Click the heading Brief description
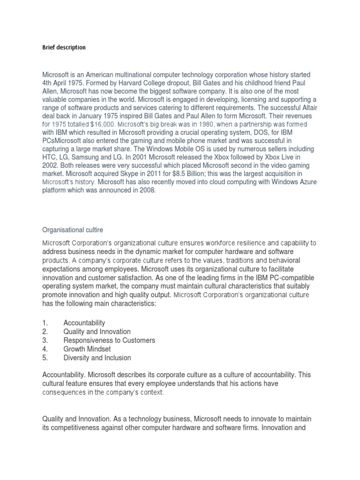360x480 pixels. click(x=64, y=48)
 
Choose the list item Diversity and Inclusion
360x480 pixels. click(x=97, y=358)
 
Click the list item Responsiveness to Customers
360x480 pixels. click(x=109, y=340)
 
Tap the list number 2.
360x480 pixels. click(x=45, y=331)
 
